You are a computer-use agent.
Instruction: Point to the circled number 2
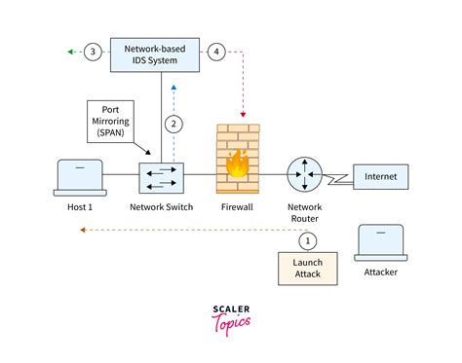[x=173, y=123]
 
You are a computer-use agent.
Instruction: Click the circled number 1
[x=307, y=239]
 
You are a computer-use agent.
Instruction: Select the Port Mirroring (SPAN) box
[x=112, y=120]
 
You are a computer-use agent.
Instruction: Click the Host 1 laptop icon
[x=77, y=176]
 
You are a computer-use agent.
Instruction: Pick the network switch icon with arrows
[x=161, y=175]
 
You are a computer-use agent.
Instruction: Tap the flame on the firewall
[x=236, y=163]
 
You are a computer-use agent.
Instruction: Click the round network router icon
[x=305, y=176]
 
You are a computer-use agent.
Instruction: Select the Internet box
[x=380, y=176]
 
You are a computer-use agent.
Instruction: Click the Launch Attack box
[x=307, y=269]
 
